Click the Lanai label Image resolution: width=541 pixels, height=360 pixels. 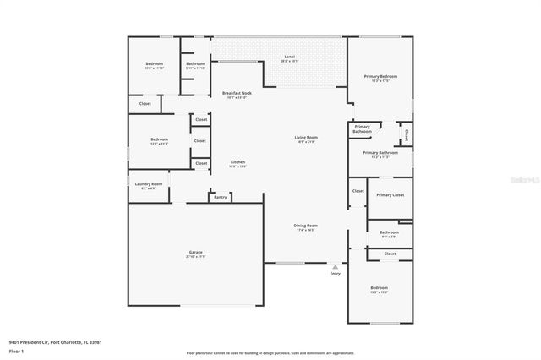pos(289,57)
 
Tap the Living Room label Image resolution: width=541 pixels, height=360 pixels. pos(306,137)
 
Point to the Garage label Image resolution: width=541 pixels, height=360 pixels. pos(196,253)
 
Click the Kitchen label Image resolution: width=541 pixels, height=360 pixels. pos(238,162)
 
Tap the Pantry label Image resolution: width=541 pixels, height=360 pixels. pos(220,197)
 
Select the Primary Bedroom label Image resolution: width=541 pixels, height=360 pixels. pos(380,76)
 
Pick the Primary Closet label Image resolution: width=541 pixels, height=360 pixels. pos(391,195)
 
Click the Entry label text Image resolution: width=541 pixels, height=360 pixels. pos(336,273)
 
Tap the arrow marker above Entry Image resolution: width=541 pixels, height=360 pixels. pos(336,266)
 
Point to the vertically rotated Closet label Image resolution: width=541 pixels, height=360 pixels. pos(406,134)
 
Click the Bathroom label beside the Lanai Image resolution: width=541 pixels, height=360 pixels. pos(196,64)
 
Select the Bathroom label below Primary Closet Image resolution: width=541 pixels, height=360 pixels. pos(389,232)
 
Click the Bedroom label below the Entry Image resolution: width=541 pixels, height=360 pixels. pos(379,288)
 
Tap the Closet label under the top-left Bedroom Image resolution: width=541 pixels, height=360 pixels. pos(145,104)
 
